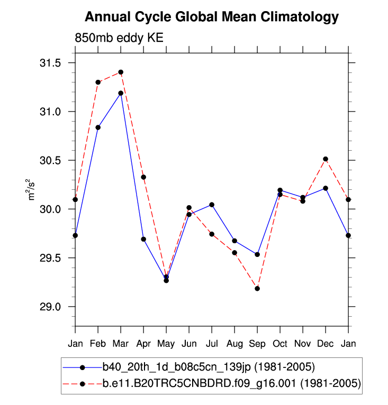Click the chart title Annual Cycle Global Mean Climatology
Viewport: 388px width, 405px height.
point(212,17)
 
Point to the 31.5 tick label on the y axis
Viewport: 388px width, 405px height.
point(50,63)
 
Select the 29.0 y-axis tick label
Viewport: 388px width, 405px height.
point(50,307)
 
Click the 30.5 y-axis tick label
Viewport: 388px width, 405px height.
point(50,161)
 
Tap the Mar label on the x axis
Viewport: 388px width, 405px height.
point(121,344)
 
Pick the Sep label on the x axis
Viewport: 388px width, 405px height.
point(257,344)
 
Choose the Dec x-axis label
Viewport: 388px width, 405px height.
point(326,344)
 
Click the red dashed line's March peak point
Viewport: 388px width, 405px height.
point(121,72)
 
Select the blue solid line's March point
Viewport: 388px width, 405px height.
point(121,93)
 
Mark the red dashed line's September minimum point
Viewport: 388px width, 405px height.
point(257,288)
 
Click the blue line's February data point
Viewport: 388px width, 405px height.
point(98,127)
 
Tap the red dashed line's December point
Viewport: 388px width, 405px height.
point(326,159)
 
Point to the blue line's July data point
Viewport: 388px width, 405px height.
point(212,205)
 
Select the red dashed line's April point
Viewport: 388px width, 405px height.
point(143,177)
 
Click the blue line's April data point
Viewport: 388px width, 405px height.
point(143,239)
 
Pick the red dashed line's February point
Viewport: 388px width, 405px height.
point(98,82)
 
